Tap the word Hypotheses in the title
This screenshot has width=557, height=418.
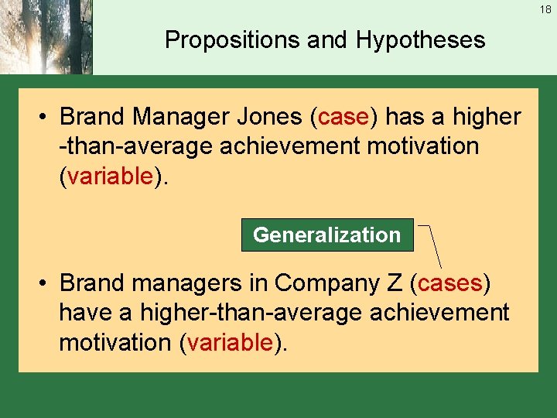421,40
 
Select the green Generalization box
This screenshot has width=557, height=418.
327,235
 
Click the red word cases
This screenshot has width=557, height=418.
449,283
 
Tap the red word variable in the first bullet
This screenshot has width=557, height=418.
109,176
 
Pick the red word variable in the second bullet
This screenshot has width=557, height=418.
229,342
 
